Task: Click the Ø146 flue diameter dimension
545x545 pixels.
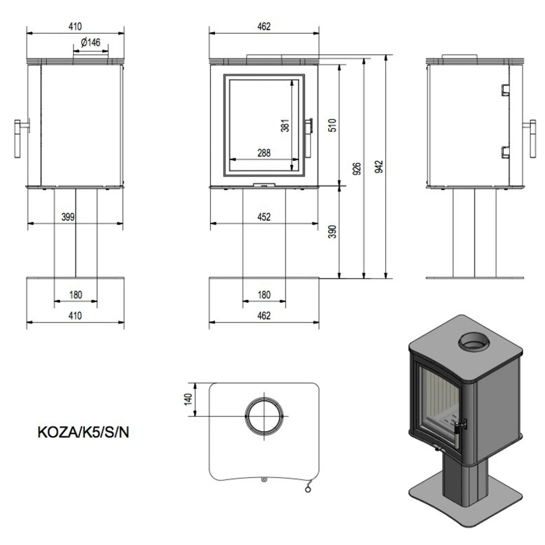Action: (90, 42)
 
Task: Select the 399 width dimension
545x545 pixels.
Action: (68, 217)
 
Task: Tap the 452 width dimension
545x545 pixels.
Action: (264, 217)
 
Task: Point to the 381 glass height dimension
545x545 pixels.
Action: (285, 126)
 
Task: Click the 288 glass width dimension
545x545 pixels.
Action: (264, 152)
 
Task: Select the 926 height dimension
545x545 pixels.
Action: (357, 169)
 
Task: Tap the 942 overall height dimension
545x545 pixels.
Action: (379, 166)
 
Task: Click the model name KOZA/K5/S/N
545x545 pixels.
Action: (83, 432)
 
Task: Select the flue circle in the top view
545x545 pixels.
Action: (264, 416)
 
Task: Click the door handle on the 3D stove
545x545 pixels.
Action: (458, 432)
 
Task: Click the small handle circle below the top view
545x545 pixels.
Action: (308, 490)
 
